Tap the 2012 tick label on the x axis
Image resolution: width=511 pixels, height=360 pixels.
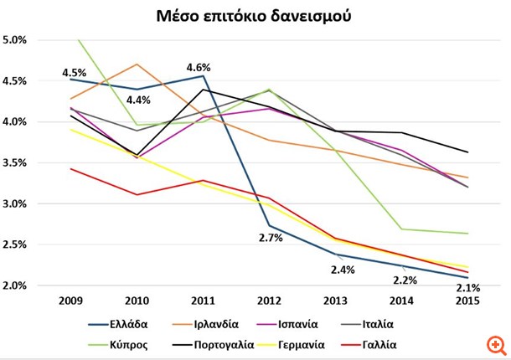(270, 299)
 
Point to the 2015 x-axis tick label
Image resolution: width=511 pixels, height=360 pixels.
(467, 299)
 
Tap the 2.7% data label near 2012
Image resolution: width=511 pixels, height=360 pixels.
(270, 239)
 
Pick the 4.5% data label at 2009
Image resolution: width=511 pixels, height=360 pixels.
(75, 73)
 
